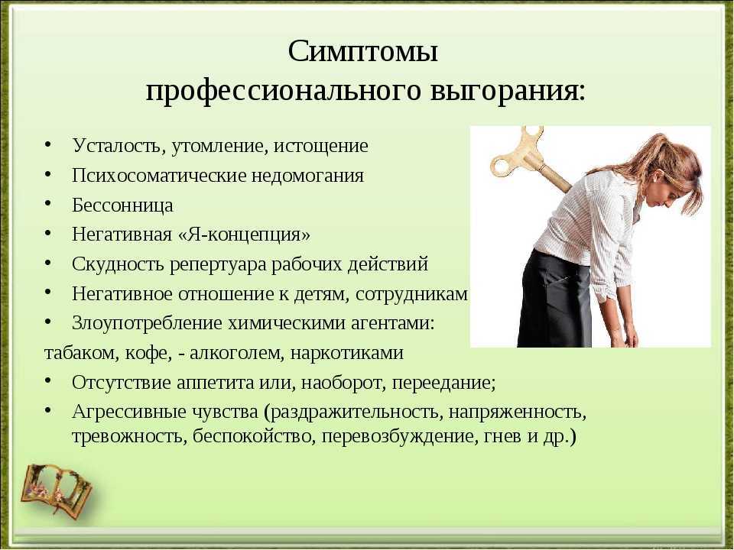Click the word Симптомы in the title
[x=362, y=51]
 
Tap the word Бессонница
[x=122, y=205]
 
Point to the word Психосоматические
[x=159, y=176]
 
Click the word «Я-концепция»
[x=244, y=235]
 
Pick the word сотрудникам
[x=411, y=294]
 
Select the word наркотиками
[x=347, y=353]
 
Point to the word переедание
[x=443, y=383]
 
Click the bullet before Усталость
[x=47, y=144]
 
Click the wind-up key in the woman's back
[x=529, y=159]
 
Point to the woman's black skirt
[x=555, y=299]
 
